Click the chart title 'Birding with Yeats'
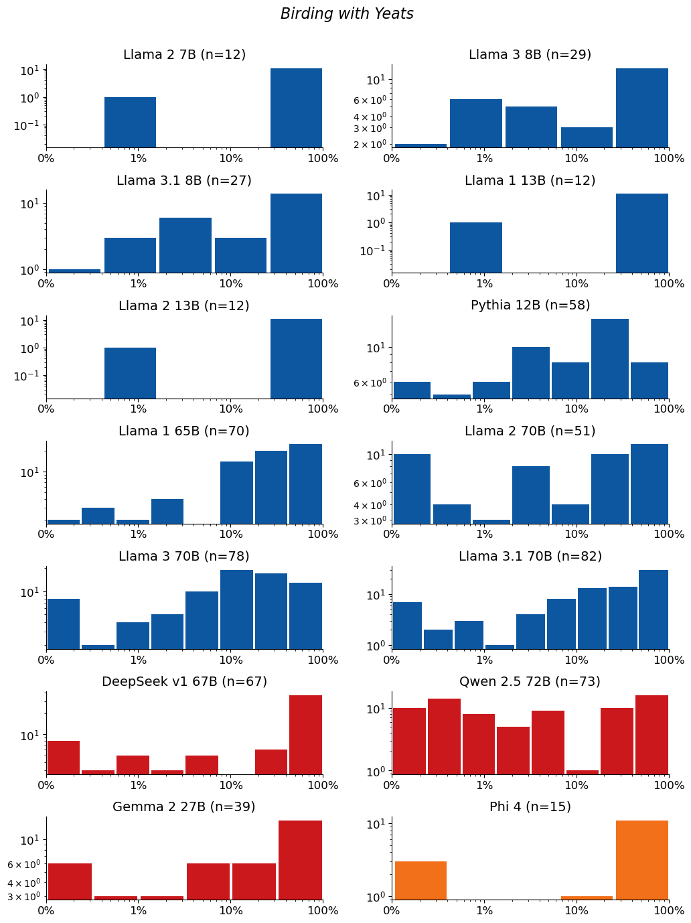(347, 13)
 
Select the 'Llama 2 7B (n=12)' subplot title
(184, 54)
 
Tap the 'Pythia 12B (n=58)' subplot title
(530, 305)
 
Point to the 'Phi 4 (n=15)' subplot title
(530, 806)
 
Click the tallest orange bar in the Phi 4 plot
(642, 860)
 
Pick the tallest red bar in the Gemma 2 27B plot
(300, 860)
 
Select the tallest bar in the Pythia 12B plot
(609, 359)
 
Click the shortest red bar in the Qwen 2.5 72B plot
(582, 772)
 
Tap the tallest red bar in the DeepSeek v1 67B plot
(305, 735)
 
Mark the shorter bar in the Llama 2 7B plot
(130, 123)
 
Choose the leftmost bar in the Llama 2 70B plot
(412, 489)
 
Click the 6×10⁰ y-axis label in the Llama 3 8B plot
(370, 101)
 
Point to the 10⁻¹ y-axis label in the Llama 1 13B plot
(372, 251)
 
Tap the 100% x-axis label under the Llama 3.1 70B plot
(669, 659)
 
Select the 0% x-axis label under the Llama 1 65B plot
(46, 534)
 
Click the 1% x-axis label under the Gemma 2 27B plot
(139, 910)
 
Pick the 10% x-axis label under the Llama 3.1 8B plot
(231, 283)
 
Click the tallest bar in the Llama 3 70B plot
(236, 610)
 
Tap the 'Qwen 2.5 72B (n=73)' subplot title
(530, 681)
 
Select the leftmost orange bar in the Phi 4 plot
(420, 881)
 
